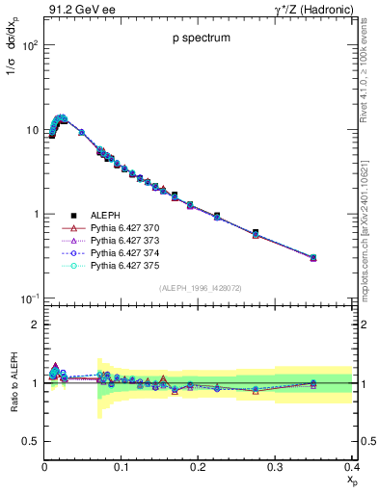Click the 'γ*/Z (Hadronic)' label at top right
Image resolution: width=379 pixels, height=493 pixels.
point(313,11)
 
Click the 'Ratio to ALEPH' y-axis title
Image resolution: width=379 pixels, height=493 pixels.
point(13,383)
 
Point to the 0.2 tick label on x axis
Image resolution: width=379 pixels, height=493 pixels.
point(199,466)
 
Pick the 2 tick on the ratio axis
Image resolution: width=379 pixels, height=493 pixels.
point(35,324)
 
